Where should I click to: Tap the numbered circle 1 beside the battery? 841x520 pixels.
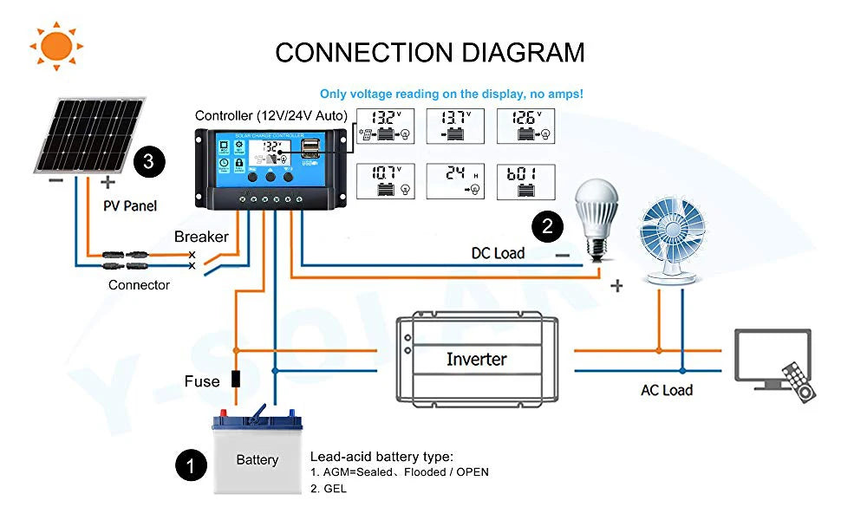[191, 465]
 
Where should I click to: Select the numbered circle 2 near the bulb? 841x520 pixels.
[547, 227]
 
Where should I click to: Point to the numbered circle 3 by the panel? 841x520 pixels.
[149, 161]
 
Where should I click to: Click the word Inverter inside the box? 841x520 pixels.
[476, 359]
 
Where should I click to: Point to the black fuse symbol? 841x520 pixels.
[234, 380]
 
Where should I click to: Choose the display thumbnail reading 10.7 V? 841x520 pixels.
[386, 180]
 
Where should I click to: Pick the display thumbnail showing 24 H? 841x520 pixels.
[455, 180]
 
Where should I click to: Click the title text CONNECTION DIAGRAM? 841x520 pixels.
[430, 52]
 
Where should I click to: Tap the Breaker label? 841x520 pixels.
[201, 237]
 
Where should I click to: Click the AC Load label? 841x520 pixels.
[666, 390]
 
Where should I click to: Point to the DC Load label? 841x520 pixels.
[498, 253]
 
